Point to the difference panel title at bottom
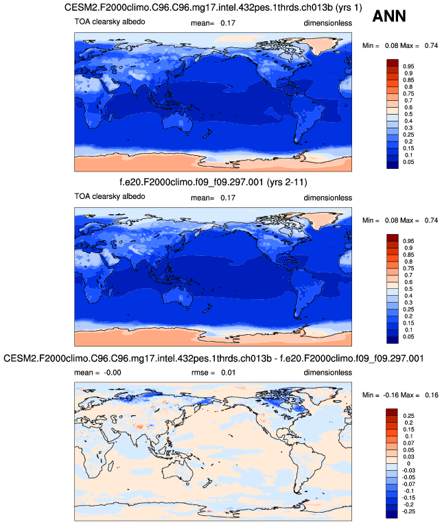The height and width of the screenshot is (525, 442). (x=213, y=359)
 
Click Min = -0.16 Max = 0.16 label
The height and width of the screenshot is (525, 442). (x=400, y=396)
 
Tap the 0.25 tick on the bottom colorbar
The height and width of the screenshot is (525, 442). (x=408, y=416)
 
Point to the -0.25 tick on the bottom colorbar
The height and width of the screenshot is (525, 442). (x=409, y=513)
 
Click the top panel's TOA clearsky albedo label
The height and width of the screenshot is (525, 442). (x=110, y=23)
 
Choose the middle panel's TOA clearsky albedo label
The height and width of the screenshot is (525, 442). (x=110, y=198)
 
